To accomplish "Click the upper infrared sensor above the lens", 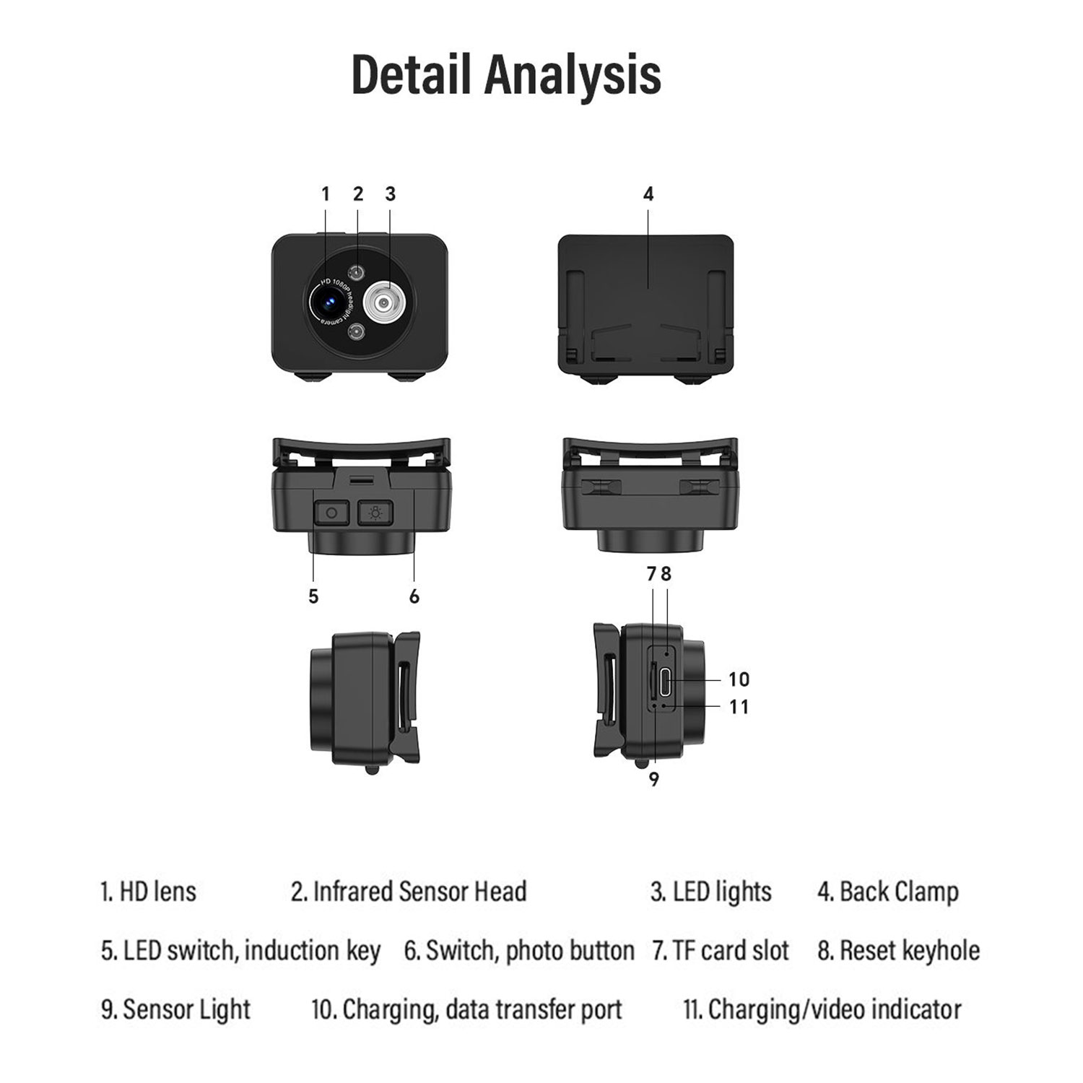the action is [357, 272].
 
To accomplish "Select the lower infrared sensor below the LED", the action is [357, 332].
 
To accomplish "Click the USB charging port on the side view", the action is [665, 679].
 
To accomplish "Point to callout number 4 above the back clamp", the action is [648, 194].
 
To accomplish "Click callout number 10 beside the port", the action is [739, 679].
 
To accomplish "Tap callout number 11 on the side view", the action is [739, 707].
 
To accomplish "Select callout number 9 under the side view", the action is [654, 780].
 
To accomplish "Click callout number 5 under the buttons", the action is [313, 596].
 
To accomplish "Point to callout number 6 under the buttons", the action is [414, 596].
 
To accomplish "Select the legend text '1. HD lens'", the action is [149, 892].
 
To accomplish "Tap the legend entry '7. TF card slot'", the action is [721, 951].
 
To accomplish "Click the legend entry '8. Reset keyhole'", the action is [899, 951].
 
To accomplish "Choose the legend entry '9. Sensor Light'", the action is [176, 1010].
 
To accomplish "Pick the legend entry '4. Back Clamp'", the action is [888, 892].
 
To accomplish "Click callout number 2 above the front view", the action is [358, 194].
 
